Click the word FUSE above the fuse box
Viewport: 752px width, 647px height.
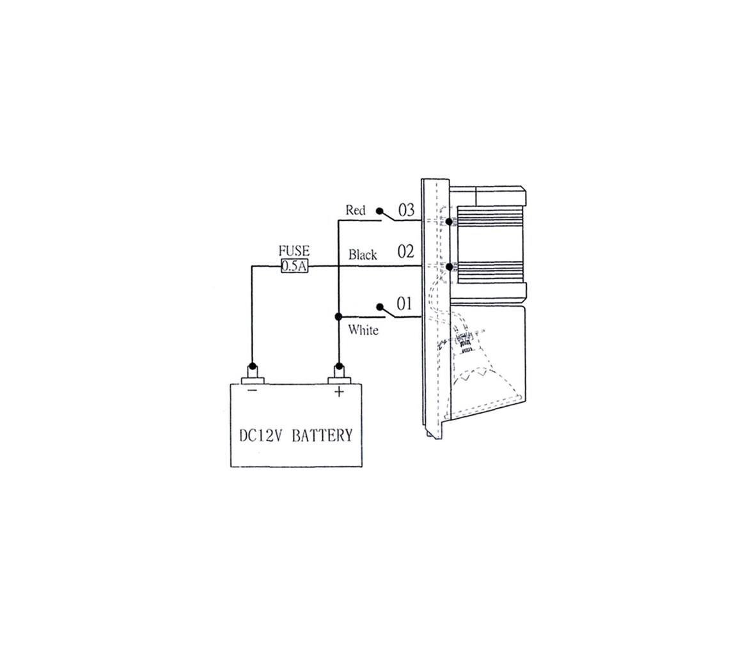tap(294, 251)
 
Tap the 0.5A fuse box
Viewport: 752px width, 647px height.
tap(294, 266)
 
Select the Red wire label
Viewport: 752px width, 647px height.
tap(356, 210)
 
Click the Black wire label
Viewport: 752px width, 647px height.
tap(363, 254)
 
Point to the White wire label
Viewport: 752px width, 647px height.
tap(363, 330)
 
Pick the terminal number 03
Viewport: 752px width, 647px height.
tap(406, 210)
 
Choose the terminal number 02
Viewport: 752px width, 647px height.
tap(405, 251)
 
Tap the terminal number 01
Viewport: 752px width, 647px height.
tap(404, 304)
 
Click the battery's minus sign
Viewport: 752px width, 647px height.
tap(252, 391)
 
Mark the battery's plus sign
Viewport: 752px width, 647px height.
tap(339, 392)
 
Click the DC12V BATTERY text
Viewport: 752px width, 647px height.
tap(296, 435)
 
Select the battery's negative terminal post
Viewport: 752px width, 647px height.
tap(252, 373)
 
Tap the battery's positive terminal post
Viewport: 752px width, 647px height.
tap(339, 373)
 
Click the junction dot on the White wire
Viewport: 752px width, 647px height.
tap(338, 317)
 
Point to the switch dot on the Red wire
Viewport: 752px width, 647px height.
tap(379, 211)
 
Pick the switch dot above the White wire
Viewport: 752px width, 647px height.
tap(380, 307)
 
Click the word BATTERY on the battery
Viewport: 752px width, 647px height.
tap(322, 435)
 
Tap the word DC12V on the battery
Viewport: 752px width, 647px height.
tap(262, 435)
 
